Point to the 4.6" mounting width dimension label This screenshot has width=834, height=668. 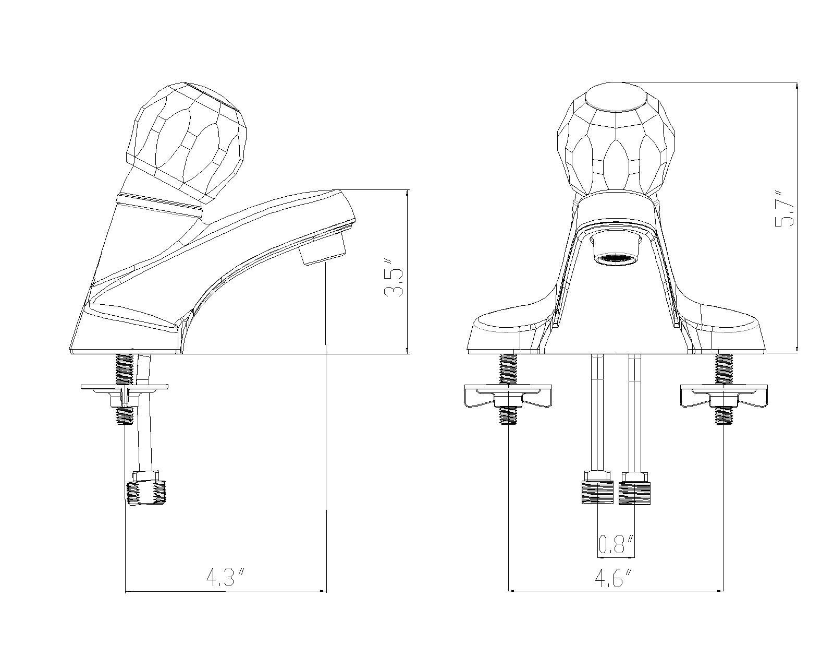(x=615, y=578)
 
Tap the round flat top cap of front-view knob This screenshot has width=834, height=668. (x=615, y=98)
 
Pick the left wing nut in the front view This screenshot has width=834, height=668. (x=508, y=396)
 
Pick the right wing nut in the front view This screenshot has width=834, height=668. (x=724, y=396)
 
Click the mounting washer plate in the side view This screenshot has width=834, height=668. (x=125, y=388)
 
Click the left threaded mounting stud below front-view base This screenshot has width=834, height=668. (x=508, y=369)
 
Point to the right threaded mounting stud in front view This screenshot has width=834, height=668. (x=723, y=369)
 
